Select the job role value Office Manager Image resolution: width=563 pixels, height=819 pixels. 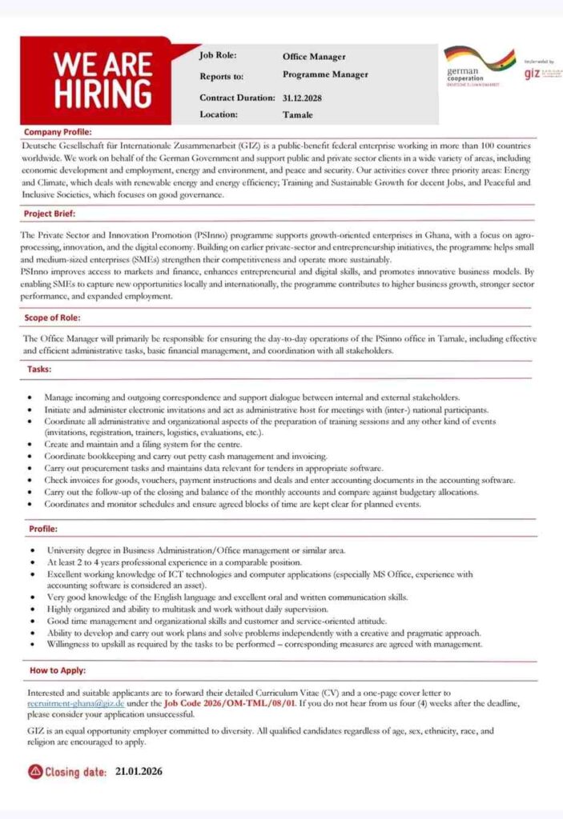(x=314, y=57)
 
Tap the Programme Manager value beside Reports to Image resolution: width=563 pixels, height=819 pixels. (x=325, y=74)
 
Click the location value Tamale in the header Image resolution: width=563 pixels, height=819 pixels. (x=297, y=114)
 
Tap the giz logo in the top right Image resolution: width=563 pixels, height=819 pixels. (x=532, y=73)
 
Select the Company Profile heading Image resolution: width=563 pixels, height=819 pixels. (x=58, y=131)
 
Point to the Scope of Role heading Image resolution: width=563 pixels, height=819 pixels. (x=54, y=318)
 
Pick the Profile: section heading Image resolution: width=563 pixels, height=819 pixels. (x=42, y=529)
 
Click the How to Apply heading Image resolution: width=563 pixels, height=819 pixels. (x=58, y=669)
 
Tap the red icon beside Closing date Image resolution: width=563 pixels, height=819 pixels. (x=34, y=773)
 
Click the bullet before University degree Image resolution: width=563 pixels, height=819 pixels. (x=30, y=551)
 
